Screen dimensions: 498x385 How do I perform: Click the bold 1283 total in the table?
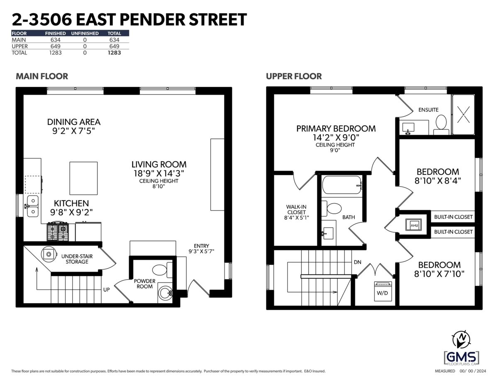[x=114, y=53]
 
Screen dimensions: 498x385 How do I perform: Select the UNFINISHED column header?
[x=85, y=33]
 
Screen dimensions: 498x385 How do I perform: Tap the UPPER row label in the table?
[x=20, y=47]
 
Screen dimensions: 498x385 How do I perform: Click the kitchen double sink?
[x=33, y=206]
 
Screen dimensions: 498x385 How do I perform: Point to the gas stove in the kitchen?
[x=58, y=231]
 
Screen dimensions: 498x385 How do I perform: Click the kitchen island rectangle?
[x=83, y=178]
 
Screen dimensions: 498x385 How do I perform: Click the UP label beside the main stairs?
[x=106, y=289]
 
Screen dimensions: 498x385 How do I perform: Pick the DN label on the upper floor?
[x=357, y=262]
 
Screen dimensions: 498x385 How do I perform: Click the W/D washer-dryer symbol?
[x=383, y=291]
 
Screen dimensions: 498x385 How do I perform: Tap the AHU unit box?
[x=414, y=225]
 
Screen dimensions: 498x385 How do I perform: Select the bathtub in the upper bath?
[x=342, y=185]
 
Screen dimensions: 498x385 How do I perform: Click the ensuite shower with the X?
[x=463, y=115]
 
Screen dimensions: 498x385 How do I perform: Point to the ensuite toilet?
[x=441, y=125]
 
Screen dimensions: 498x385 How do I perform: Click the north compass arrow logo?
[x=461, y=341]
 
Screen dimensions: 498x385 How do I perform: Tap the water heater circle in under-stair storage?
[x=49, y=254]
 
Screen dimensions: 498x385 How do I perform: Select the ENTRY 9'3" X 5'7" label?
[x=201, y=248]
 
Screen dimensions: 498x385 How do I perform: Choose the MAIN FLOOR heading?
[x=42, y=76]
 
